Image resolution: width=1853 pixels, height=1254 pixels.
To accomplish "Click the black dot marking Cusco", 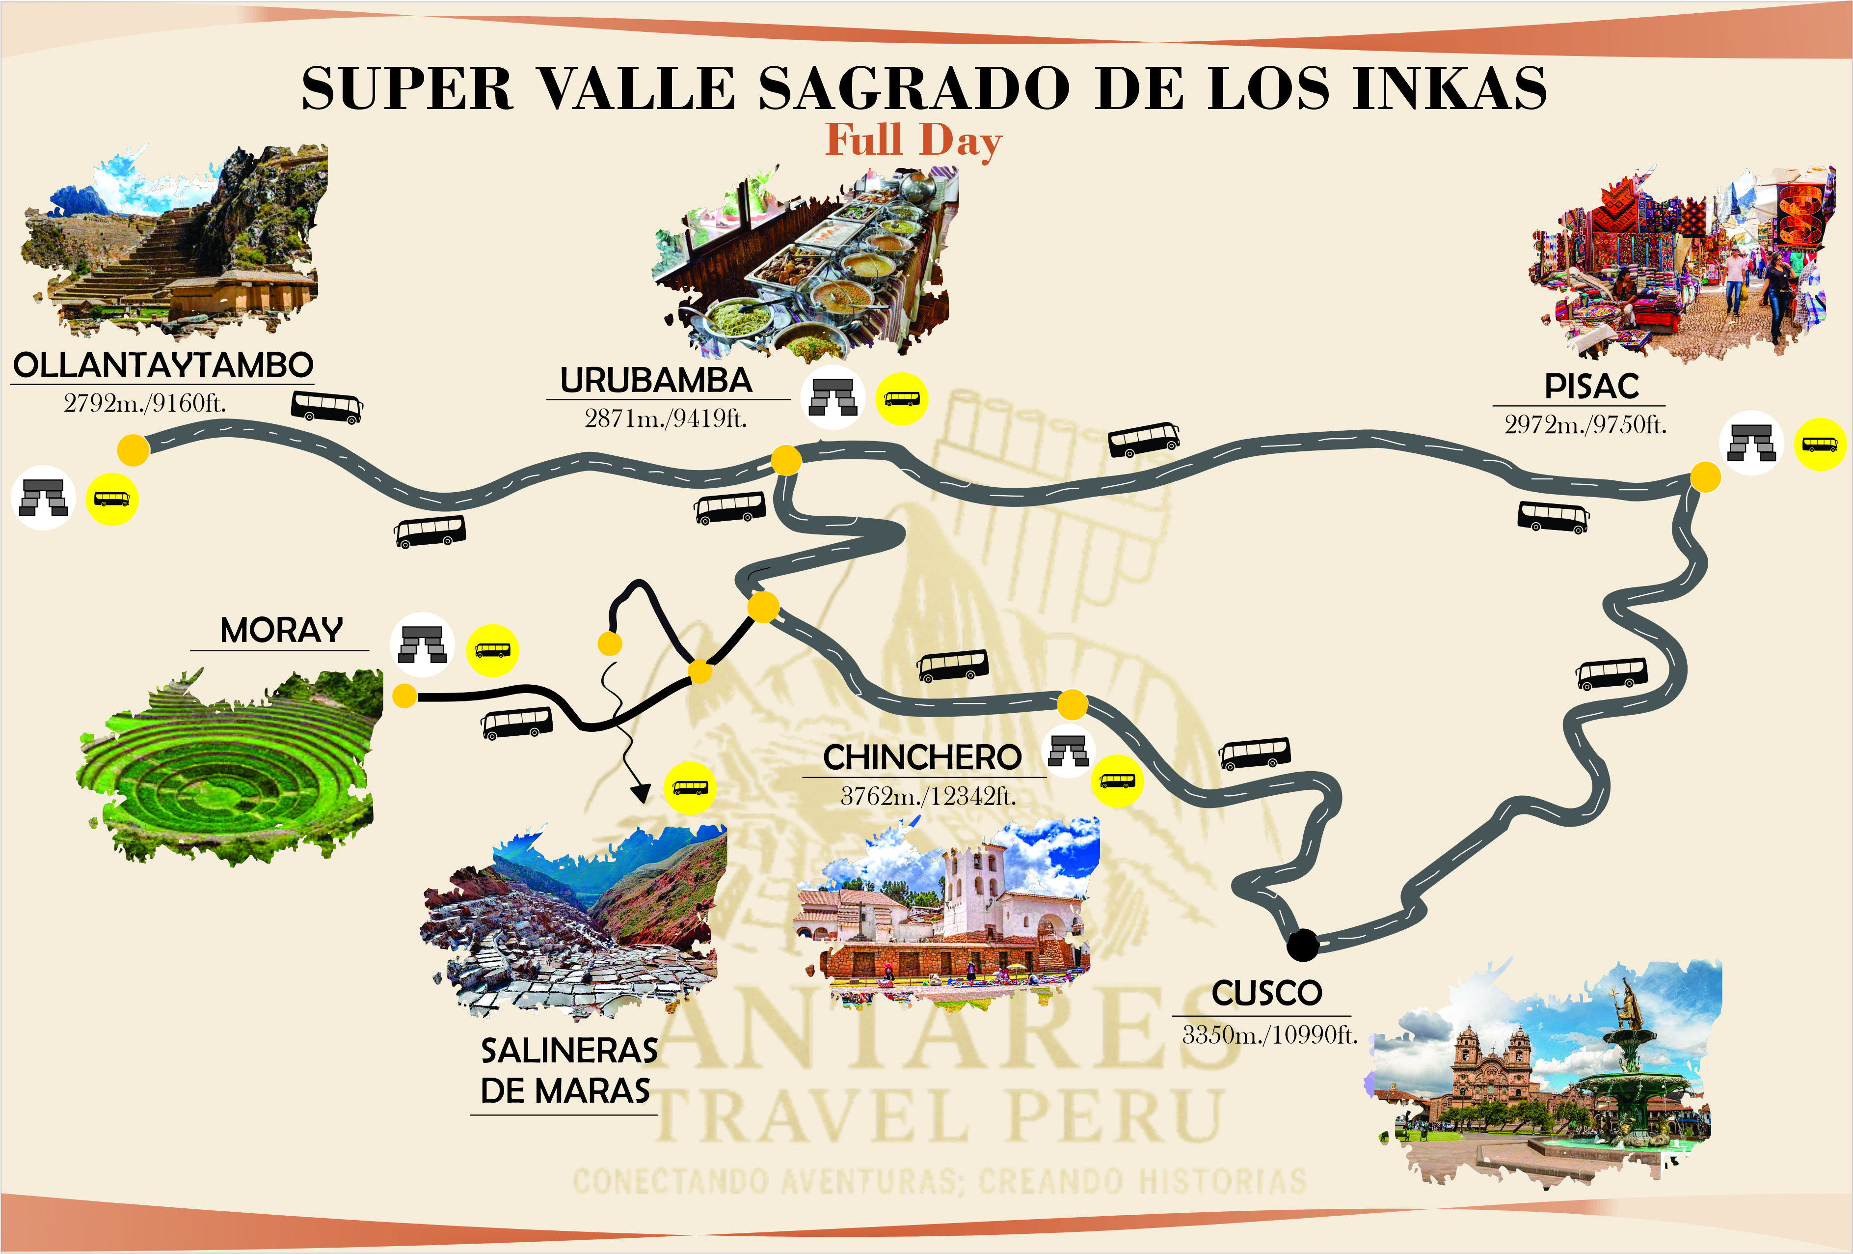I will [x=1303, y=945].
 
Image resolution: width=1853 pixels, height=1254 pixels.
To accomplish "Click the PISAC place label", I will [x=1591, y=386].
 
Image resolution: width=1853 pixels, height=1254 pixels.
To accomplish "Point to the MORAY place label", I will [x=281, y=630].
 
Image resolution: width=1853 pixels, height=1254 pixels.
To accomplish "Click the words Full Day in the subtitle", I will [x=913, y=140].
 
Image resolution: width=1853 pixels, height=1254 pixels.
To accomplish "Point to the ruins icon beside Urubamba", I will [x=833, y=397].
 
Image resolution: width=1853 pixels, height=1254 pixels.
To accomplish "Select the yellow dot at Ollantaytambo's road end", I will [x=133, y=450].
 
